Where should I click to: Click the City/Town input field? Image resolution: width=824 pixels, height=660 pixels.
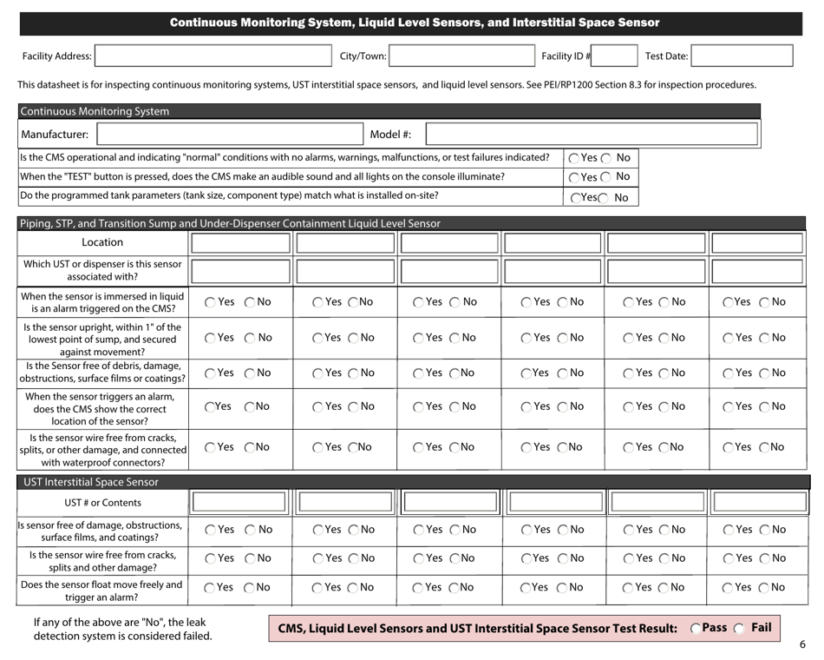(460, 56)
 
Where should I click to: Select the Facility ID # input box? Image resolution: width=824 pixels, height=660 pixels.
(616, 56)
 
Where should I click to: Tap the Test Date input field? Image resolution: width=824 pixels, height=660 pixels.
(742, 56)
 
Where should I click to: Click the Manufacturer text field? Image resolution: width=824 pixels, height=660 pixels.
(229, 135)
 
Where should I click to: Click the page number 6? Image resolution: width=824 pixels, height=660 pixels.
(802, 644)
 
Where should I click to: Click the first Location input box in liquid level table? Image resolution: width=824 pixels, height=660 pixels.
(240, 242)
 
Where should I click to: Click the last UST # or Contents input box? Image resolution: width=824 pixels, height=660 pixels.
(758, 502)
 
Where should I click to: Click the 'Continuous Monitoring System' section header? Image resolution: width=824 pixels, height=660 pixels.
(95, 111)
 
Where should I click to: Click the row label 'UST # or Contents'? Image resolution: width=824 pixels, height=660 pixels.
(102, 503)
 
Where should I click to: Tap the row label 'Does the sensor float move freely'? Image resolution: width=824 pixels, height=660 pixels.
(102, 591)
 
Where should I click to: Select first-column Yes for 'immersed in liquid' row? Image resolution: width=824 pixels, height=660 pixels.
(212, 302)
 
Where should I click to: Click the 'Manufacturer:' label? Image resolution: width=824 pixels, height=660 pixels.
(54, 135)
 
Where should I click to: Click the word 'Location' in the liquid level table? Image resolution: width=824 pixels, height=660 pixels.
(102, 242)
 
